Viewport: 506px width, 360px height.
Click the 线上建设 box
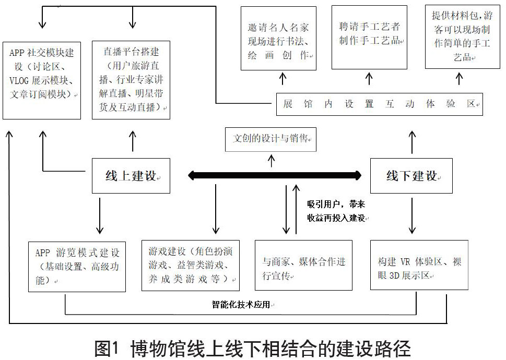click(131, 176)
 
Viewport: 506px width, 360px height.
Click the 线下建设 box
click(411, 176)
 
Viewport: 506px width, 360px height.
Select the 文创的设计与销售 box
click(271, 140)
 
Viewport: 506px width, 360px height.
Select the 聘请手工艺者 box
click(369, 38)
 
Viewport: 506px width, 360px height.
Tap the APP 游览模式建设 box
click(77, 266)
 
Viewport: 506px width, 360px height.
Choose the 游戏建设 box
click(191, 265)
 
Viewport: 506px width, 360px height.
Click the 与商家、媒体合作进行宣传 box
click(303, 266)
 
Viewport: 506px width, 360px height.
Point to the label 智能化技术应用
click(241, 304)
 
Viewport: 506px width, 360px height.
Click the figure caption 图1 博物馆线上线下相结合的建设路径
click(253, 347)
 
